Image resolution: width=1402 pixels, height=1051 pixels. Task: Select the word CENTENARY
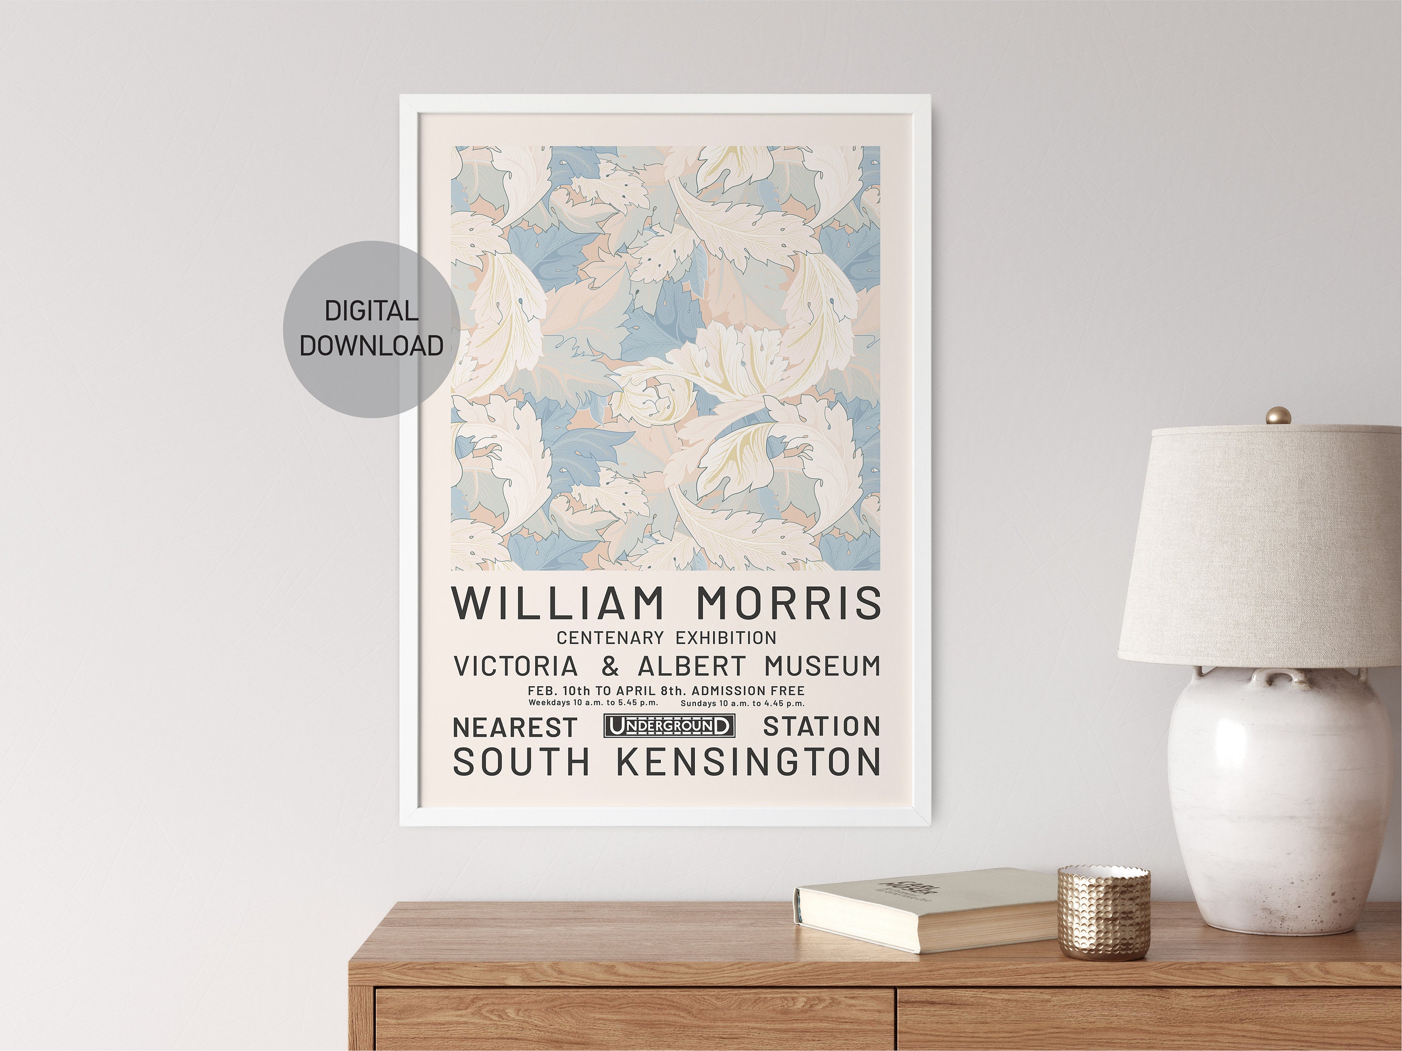pos(610,637)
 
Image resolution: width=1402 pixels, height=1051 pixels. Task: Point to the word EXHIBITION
pos(726,637)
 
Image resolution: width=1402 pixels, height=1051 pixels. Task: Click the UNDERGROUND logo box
pos(669,726)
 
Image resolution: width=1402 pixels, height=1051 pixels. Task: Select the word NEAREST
pos(515,727)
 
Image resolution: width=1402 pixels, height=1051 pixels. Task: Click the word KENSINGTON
pos(749,761)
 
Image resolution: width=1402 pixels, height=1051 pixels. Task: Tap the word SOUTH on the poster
pos(521,761)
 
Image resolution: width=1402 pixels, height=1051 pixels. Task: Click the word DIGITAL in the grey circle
pos(372,311)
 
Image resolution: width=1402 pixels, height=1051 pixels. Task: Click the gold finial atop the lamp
pos(1278,416)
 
